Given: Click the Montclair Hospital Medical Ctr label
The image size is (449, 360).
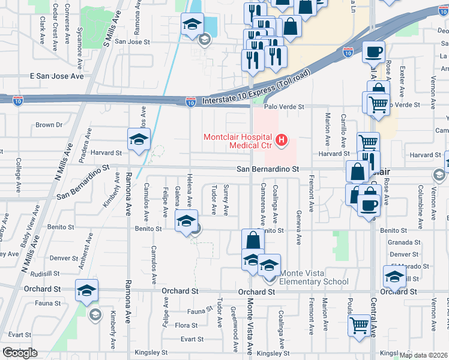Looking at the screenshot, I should pyautogui.click(x=238, y=140).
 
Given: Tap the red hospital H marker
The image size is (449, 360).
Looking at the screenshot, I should pyautogui.click(x=280, y=141).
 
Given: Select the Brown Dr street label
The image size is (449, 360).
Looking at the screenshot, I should pyautogui.click(x=49, y=125).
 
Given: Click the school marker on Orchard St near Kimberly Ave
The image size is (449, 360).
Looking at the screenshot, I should pyautogui.click(x=86, y=290).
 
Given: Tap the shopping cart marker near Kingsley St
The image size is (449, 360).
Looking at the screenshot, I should pyautogui.click(x=360, y=325).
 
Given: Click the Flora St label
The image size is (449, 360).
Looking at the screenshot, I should pyautogui.click(x=186, y=325).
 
